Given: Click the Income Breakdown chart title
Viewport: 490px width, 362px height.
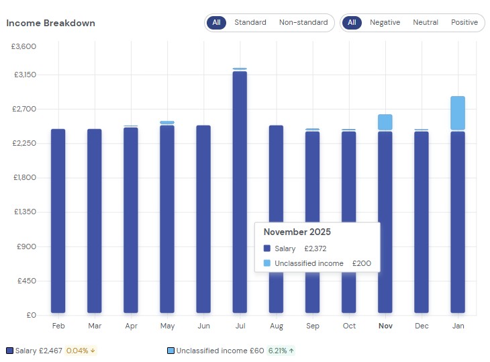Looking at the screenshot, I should coord(50,23).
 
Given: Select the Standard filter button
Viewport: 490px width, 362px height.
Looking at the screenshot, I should coord(250,22).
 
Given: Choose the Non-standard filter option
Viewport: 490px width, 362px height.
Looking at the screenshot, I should coord(303,22).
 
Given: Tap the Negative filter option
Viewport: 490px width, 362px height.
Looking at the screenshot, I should coord(385,22).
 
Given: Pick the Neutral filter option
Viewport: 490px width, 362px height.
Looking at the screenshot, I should coord(425,22).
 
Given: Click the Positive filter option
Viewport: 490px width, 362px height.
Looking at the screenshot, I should coord(464,22).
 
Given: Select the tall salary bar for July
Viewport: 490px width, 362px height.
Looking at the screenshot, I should coord(240,191).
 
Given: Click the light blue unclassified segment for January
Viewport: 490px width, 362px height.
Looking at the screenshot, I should coord(458,113).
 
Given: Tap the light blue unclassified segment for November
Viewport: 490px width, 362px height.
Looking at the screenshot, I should coord(385,122).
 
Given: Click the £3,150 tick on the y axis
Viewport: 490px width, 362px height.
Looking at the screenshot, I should coord(24,75).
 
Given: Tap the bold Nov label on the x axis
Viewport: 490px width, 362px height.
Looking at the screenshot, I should coord(385,326).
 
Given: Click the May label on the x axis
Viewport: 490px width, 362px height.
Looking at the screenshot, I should coord(167,326).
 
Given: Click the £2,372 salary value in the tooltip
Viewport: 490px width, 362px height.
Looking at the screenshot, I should coord(315,248).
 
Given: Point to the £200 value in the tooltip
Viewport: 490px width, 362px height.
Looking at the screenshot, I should coord(362,263).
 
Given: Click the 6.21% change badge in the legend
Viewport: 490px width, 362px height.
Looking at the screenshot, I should coord(281,351).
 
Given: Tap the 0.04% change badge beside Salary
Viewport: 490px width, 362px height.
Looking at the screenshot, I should coord(81,351).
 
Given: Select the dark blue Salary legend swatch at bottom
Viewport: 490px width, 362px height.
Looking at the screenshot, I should coord(9,351).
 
